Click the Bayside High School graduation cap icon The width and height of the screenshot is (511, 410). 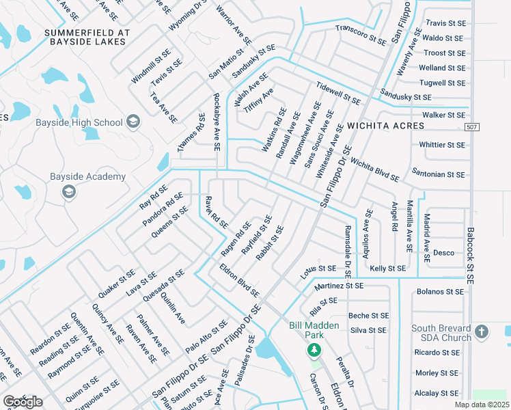[x=133, y=123]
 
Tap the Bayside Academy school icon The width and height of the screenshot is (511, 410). [x=68, y=192]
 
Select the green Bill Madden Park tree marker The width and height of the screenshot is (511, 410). [x=314, y=351]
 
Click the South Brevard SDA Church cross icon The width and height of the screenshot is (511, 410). [x=482, y=333]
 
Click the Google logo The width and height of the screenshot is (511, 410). [x=22, y=401]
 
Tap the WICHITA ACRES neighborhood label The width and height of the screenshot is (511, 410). [x=385, y=126]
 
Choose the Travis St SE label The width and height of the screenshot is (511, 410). [x=445, y=23]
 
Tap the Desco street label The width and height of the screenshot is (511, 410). [x=443, y=253]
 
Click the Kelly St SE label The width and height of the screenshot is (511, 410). [x=387, y=269]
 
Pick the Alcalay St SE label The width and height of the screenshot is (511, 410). [x=440, y=394]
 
